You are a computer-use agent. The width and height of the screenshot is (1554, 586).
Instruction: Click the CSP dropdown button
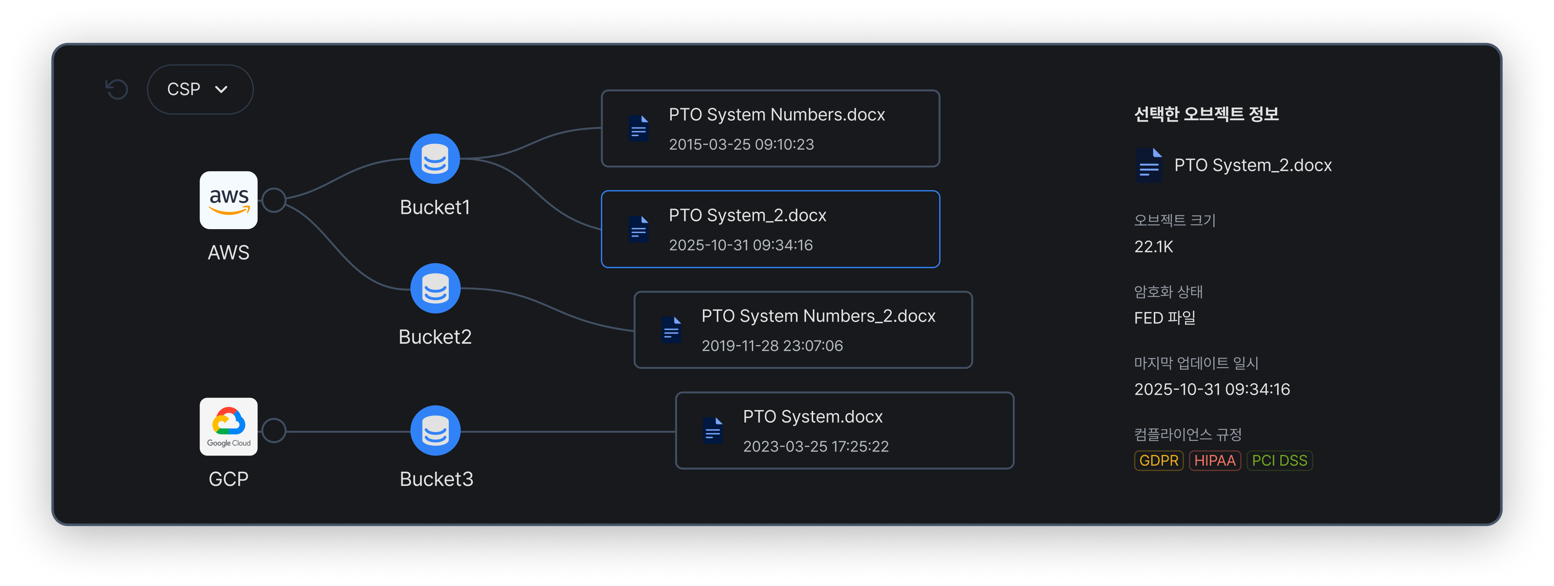click(x=200, y=89)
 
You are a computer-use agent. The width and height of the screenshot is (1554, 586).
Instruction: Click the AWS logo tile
click(x=229, y=200)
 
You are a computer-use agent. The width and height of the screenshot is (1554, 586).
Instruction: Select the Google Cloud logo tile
click(x=229, y=427)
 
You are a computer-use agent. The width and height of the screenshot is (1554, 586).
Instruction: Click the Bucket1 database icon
click(x=435, y=159)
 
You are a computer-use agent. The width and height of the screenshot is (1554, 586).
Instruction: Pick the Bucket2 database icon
click(x=435, y=288)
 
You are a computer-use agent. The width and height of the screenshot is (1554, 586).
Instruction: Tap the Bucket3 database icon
click(x=435, y=431)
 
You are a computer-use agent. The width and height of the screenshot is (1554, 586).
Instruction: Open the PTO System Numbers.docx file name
click(x=776, y=115)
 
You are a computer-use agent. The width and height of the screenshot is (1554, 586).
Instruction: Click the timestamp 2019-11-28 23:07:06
click(x=772, y=346)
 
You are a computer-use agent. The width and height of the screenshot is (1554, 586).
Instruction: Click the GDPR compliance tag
click(x=1158, y=460)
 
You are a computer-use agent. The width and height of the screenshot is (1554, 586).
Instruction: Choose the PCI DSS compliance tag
click(x=1280, y=460)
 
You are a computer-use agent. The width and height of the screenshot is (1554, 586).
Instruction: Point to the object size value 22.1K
click(x=1153, y=247)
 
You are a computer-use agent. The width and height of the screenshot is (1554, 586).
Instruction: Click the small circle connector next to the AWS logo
click(x=274, y=200)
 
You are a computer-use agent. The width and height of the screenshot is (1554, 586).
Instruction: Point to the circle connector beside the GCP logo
click(x=274, y=430)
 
